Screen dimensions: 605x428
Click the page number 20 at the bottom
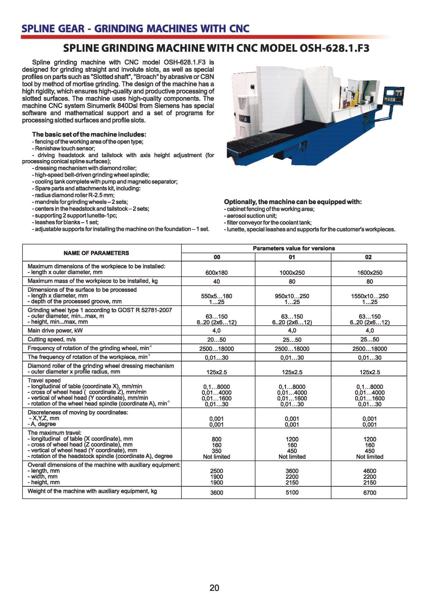(214, 588)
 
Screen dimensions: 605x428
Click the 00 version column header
(217, 257)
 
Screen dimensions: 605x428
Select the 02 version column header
(368, 257)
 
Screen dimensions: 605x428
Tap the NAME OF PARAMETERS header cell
(96, 253)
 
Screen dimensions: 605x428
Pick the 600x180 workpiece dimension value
(217, 272)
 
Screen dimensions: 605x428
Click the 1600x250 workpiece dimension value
(370, 272)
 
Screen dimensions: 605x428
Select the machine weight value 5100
(292, 493)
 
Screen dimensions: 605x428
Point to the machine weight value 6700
(370, 493)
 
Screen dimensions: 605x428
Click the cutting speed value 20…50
(217, 340)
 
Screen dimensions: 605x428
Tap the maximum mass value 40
(217, 281)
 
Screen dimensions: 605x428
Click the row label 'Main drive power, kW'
(55, 330)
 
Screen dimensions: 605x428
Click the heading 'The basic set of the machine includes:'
(89, 134)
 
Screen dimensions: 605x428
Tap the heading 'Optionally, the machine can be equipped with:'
(293, 202)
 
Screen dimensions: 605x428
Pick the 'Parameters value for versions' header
(294, 248)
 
